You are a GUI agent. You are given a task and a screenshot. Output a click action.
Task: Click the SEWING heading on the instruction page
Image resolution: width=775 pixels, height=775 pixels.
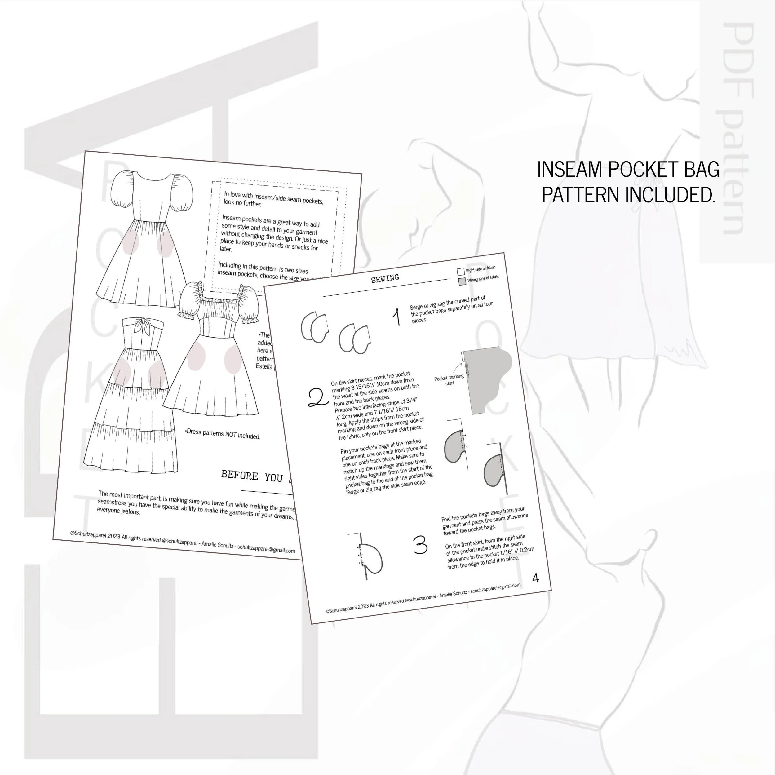tap(385, 278)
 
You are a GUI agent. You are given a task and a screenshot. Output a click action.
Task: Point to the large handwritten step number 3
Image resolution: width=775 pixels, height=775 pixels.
tap(420, 546)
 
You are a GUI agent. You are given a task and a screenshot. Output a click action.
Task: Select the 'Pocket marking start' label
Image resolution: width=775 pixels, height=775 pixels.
tap(449, 379)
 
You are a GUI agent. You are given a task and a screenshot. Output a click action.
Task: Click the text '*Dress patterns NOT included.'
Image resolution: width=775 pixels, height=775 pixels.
tap(222, 434)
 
